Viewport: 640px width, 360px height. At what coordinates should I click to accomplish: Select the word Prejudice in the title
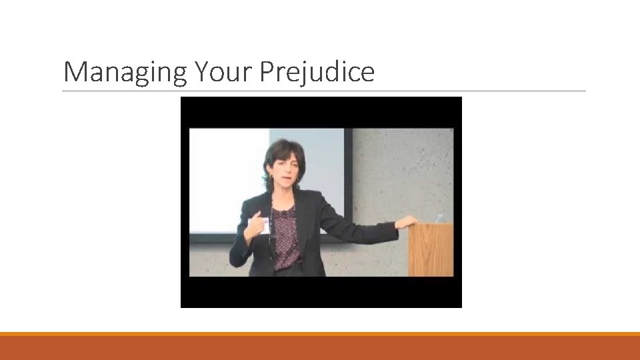[x=317, y=72]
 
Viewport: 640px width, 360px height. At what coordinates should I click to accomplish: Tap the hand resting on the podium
[x=407, y=222]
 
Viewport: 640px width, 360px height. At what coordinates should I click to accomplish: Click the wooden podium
[x=430, y=250]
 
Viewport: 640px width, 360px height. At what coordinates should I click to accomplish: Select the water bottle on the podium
[x=439, y=218]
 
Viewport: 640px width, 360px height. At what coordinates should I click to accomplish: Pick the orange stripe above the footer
[x=320, y=334]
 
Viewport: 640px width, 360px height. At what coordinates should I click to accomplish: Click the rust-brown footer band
[x=320, y=349]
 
